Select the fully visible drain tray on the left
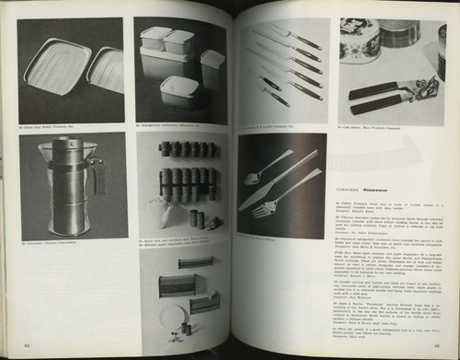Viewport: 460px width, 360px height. [x=55, y=66]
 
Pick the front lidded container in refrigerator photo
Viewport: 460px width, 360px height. [x=178, y=90]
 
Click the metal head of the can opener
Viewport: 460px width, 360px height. [x=424, y=89]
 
